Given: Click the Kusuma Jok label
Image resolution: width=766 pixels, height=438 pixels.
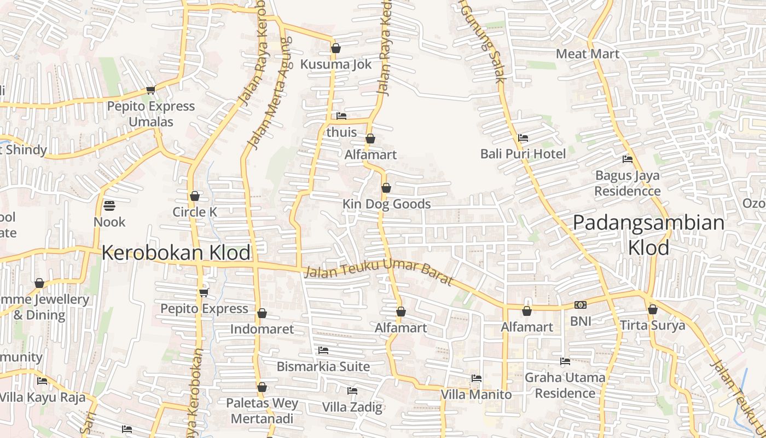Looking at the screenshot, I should click(335, 64).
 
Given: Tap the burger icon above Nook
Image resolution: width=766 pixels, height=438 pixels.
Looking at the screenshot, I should click(109, 206).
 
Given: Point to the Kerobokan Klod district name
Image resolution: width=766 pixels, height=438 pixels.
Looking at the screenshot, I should click(176, 253).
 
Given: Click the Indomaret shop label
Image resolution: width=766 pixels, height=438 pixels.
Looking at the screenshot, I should click(262, 329).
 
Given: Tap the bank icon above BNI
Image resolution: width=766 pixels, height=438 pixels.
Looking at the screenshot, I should click(581, 305).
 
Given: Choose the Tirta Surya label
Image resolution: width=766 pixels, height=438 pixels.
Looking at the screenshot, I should click(652, 326).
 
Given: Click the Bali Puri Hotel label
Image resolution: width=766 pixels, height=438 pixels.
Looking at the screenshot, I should click(523, 154).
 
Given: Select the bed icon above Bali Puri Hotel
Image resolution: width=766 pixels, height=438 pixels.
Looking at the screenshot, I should click(523, 138).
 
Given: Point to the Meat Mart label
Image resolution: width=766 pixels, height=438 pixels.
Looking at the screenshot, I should click(588, 54).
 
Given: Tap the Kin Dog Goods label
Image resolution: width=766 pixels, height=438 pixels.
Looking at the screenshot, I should click(386, 204).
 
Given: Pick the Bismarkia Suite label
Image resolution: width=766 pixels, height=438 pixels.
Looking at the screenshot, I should click(323, 366).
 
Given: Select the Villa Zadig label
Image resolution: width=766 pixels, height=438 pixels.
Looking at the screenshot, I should click(352, 407).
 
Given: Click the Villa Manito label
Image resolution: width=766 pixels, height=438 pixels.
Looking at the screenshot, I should click(476, 394).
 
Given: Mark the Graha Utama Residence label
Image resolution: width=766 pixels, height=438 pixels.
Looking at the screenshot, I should click(565, 385).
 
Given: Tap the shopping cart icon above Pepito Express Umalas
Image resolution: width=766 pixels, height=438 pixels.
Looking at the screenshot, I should click(150, 90).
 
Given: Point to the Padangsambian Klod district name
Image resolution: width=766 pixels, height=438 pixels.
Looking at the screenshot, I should click(649, 235).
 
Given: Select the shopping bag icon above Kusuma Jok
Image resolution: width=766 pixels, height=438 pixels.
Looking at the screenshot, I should click(336, 49).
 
